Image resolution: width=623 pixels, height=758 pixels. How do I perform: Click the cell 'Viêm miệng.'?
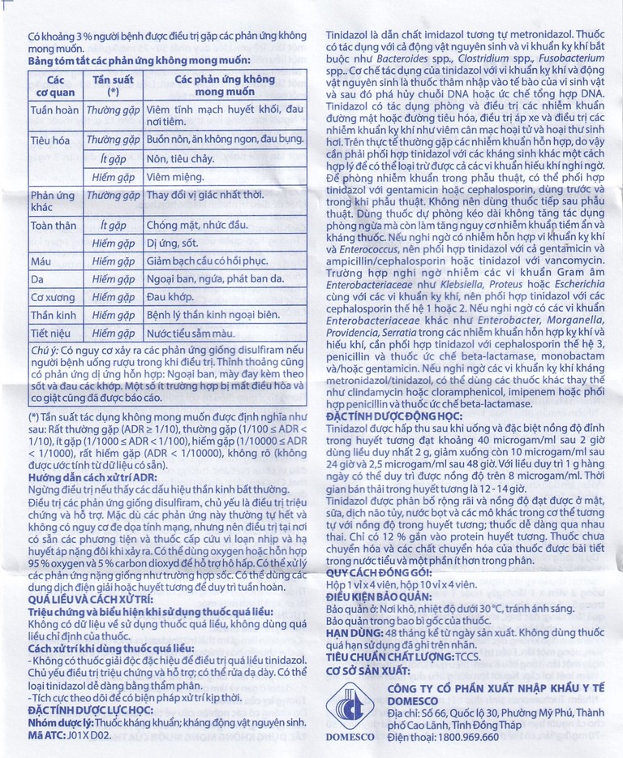178,175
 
